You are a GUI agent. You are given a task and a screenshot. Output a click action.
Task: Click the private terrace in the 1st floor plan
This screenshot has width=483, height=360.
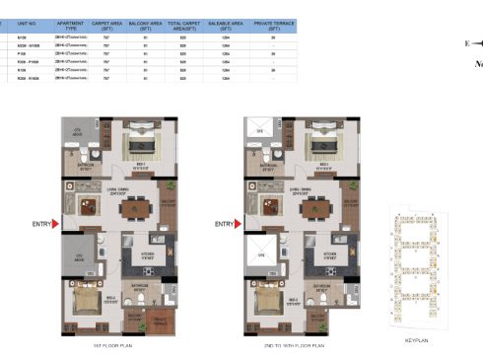(x=154, y=320)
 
